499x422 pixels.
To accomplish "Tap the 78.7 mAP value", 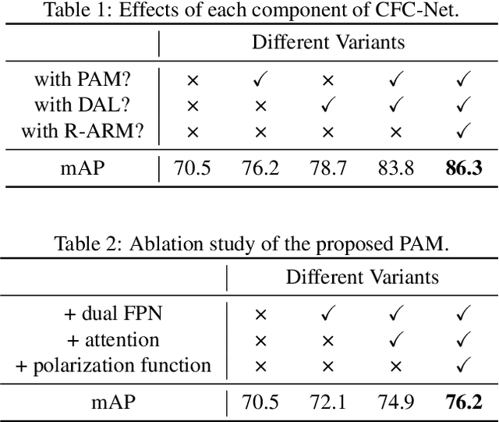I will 328,168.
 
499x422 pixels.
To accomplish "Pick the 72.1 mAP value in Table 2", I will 328,402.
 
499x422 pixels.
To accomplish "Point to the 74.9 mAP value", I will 396,402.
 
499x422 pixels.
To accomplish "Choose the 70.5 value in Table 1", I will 193,168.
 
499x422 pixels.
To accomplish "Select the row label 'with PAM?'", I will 88,80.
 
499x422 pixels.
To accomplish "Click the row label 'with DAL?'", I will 88,105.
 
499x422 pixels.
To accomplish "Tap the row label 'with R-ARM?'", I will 83,131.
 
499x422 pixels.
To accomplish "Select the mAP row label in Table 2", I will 112,402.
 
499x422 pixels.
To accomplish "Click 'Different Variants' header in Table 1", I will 328,42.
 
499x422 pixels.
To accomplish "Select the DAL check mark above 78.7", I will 328,105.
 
